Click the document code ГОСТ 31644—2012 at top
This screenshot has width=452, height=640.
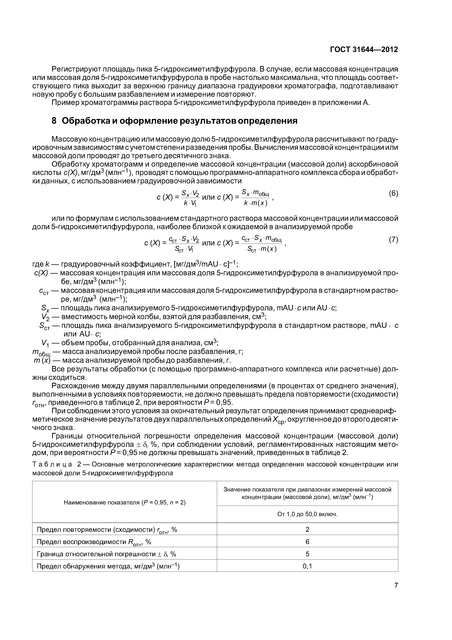click(x=364, y=50)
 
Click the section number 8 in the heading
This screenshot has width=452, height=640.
click(x=54, y=121)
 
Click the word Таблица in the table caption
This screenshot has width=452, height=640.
click(x=52, y=464)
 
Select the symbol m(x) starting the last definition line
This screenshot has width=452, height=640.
click(x=42, y=361)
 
